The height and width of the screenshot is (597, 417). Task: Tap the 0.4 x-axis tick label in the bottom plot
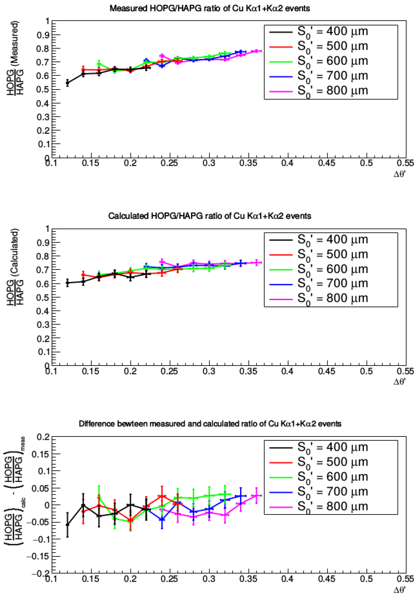pyautogui.click(x=287, y=579)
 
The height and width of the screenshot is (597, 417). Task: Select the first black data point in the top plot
pyautogui.click(x=68, y=83)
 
